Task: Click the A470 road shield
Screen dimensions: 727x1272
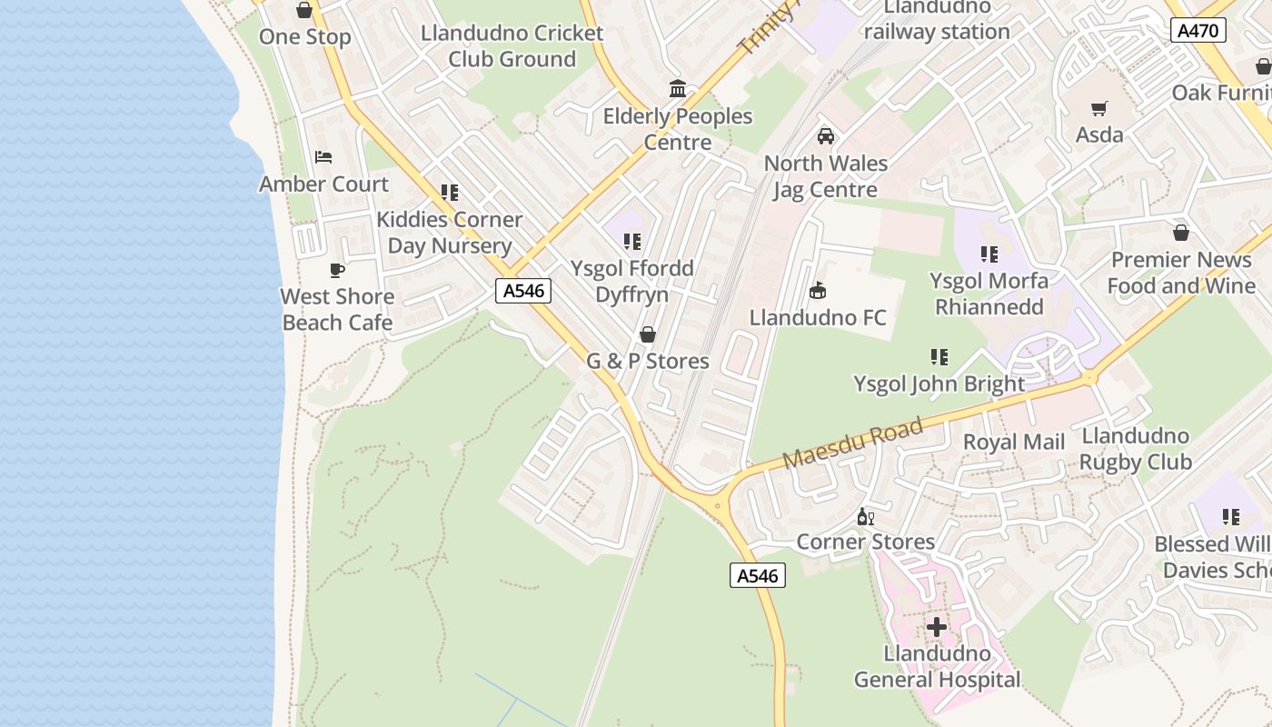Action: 1197,30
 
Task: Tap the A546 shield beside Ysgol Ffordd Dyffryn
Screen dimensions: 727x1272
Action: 523,291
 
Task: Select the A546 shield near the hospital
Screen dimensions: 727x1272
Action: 757,575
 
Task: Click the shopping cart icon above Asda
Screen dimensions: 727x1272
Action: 1099,109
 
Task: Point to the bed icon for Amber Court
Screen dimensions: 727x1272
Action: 323,157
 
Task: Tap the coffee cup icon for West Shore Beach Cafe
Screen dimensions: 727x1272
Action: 337,270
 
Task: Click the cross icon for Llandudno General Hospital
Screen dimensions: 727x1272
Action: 937,627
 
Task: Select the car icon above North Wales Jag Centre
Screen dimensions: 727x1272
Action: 825,136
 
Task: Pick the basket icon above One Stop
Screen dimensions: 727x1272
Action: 304,10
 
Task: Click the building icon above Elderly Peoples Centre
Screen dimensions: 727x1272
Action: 678,89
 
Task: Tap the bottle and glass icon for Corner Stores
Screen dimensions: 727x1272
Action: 865,517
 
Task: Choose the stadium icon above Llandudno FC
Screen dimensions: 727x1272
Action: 817,291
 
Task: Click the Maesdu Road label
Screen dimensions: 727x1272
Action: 852,443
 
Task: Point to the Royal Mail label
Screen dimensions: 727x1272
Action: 1014,443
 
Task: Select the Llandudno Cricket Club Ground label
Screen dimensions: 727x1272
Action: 512,46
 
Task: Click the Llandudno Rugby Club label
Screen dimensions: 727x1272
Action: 1136,449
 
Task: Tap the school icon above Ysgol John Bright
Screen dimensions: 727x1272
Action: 939,357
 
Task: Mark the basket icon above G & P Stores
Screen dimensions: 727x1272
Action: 648,334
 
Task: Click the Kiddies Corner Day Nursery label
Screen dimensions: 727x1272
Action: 450,233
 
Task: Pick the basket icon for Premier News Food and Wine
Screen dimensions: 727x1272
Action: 1181,233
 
